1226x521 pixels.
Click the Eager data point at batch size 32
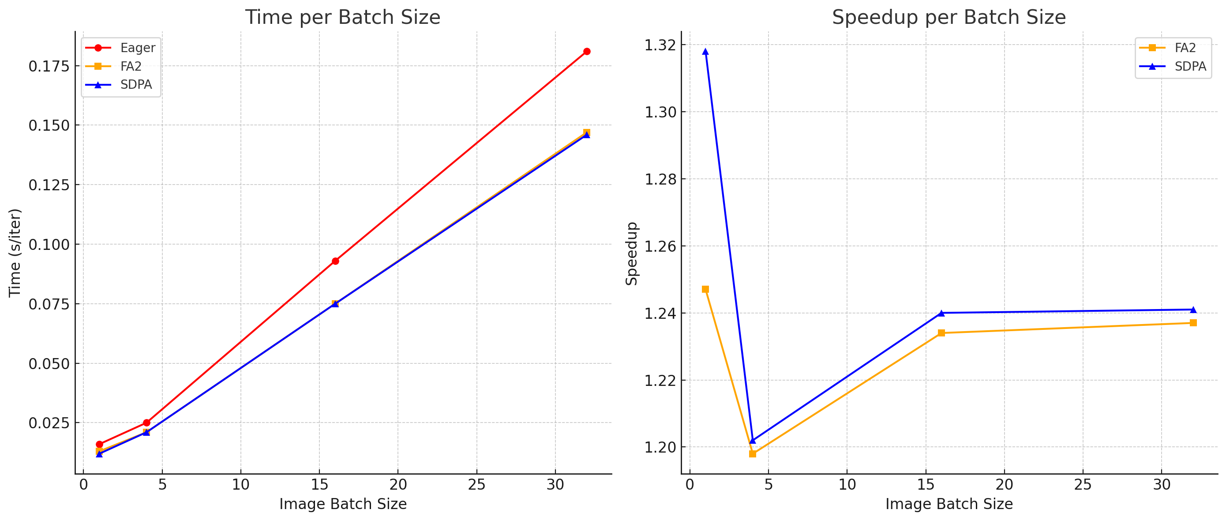pyautogui.click(x=586, y=51)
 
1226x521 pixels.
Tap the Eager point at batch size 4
pyautogui.click(x=146, y=423)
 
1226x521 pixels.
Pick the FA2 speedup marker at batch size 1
pyautogui.click(x=705, y=290)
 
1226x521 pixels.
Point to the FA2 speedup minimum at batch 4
pyautogui.click(x=753, y=454)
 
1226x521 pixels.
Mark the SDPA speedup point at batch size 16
pyautogui.click(x=941, y=313)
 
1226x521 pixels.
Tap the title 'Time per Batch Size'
pyautogui.click(x=343, y=18)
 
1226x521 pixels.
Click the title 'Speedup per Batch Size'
pyautogui.click(x=949, y=18)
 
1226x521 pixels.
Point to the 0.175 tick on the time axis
pyautogui.click(x=49, y=66)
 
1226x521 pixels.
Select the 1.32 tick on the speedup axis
pyautogui.click(x=660, y=45)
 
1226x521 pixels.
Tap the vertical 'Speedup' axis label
pyautogui.click(x=632, y=253)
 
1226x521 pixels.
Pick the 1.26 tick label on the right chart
pyautogui.click(x=660, y=246)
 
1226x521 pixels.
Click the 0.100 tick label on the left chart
pyautogui.click(x=49, y=245)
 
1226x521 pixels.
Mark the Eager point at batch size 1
pyautogui.click(x=99, y=444)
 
